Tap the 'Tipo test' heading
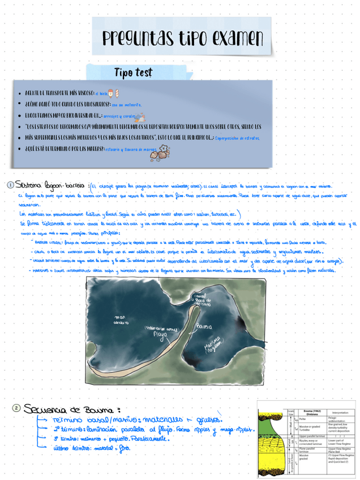pyautogui.click(x=133, y=73)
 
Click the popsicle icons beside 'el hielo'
pyautogui.click(x=114, y=92)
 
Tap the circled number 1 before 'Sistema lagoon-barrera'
pyautogui.click(x=10, y=186)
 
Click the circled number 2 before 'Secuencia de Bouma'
pyautogui.click(x=17, y=409)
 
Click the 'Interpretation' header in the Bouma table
pyautogui.click(x=340, y=412)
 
